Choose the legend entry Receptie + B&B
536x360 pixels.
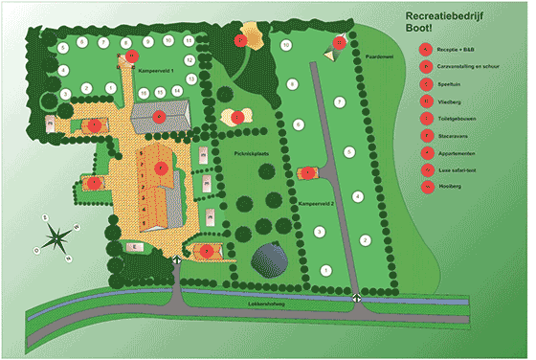pos(455,46)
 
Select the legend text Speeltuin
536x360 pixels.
pos(449,81)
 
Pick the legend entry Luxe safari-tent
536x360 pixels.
pos(456,169)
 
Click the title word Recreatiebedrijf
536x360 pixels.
pos(447,18)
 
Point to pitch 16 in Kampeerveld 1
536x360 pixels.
pos(143,92)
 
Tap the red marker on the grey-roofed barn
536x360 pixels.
pos(159,116)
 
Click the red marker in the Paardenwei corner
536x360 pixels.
pos(339,42)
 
